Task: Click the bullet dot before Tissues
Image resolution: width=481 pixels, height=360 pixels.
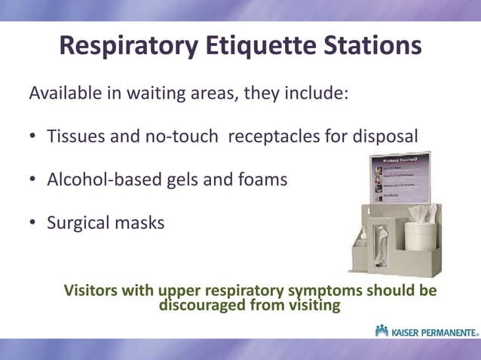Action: (34, 139)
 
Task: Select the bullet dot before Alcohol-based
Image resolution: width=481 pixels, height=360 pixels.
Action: (34, 181)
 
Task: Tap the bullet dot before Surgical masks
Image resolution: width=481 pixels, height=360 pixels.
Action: (34, 224)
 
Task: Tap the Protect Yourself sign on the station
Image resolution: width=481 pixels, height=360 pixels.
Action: (400, 177)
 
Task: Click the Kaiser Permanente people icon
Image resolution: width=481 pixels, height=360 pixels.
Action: (381, 331)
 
